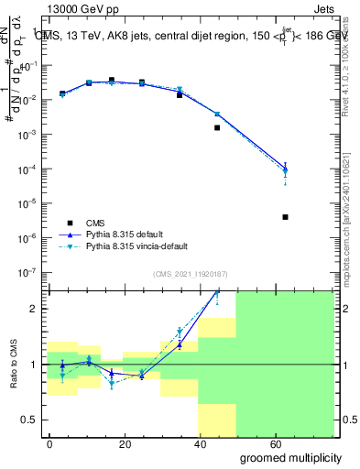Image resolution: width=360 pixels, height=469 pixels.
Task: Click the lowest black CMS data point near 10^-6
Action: pyautogui.click(x=286, y=217)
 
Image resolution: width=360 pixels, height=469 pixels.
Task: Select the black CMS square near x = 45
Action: pyautogui.click(x=217, y=127)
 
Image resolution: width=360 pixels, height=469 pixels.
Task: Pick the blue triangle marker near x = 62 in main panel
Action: pyautogui.click(x=286, y=169)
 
